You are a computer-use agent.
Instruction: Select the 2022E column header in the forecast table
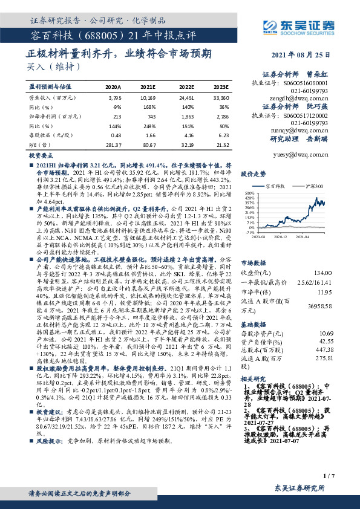click(x=187, y=87)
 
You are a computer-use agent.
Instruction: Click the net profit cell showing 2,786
click(x=221, y=116)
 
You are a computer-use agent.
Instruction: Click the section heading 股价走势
click(x=253, y=173)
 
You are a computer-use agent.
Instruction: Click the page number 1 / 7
click(x=329, y=476)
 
